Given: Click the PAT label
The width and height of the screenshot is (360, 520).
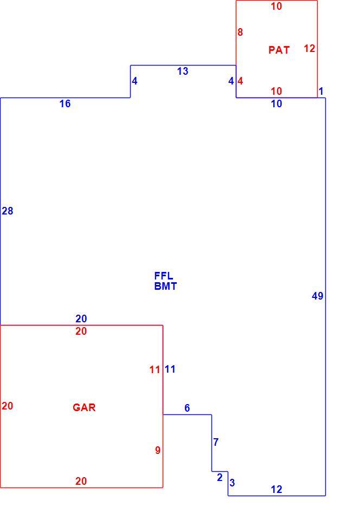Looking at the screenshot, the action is point(279,50).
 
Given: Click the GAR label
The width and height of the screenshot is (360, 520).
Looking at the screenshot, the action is point(84,407).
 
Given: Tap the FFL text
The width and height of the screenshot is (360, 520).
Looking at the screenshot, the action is point(164,276).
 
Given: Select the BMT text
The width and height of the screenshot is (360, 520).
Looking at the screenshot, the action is point(165,286).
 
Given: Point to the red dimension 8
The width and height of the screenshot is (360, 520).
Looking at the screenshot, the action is point(240,32).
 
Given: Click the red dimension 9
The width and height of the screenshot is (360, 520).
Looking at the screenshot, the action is point(158,450).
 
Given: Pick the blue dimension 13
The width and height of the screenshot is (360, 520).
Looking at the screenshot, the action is point(183,71).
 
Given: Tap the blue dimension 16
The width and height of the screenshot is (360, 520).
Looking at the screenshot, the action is point(65,104).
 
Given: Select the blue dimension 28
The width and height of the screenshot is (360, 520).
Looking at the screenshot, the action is point(8,211).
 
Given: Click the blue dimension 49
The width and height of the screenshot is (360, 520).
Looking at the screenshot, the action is point(318,296).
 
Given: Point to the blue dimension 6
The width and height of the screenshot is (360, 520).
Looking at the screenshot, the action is point(187,408).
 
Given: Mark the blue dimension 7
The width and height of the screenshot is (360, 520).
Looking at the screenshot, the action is point(216,442).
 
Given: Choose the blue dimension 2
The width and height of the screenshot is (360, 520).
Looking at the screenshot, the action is point(220,478).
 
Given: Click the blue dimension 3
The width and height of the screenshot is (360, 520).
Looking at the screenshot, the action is point(232,483).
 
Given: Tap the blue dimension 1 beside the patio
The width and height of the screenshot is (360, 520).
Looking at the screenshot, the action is point(321,91).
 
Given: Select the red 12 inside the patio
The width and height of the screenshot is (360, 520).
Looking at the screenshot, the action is point(310,48).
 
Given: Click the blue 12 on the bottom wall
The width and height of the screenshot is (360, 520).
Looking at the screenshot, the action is point(277,490).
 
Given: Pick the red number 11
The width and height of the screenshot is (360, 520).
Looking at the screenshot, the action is point(155,369).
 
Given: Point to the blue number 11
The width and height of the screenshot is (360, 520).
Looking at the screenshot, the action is point(170,369).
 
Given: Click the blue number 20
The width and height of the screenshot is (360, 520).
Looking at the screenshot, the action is point(81,318).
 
